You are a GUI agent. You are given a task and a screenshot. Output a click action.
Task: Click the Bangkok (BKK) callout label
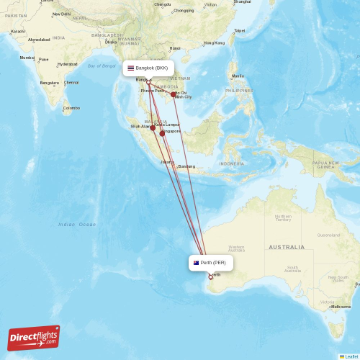click(x=148, y=68)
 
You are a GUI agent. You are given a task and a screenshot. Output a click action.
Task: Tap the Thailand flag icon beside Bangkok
click(x=131, y=68)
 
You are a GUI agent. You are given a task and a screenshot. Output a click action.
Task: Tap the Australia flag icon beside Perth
click(x=196, y=263)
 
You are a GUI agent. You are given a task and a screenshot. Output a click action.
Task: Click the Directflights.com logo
click(x=34, y=337)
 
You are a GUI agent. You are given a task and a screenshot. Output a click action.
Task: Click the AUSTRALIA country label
click(x=287, y=247)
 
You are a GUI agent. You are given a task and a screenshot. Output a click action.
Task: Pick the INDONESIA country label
click(x=232, y=163)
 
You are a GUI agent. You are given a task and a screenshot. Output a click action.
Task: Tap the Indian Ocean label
click(x=77, y=225)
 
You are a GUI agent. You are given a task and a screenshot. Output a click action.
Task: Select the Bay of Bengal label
click(x=102, y=66)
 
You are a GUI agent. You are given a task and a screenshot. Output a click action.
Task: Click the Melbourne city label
click(x=341, y=307)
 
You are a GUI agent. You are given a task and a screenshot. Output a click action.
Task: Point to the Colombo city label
click(x=71, y=108)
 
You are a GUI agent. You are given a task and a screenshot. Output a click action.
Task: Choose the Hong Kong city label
click(x=214, y=43)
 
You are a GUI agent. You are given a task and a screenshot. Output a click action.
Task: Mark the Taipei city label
click(x=240, y=30)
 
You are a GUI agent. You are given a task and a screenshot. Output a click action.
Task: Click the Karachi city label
click(x=17, y=32)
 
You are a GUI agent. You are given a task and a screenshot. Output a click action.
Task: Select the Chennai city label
click(x=72, y=82)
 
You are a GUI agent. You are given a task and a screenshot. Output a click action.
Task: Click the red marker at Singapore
click(x=163, y=133)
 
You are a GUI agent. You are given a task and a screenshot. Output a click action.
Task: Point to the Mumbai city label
click(x=27, y=58)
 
